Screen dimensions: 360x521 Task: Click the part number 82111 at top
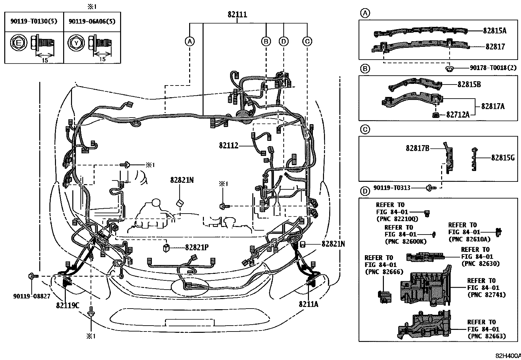(237, 15)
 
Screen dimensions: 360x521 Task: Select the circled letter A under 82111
(189, 41)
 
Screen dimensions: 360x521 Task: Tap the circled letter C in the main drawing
(307, 41)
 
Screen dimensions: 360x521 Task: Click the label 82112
(229, 145)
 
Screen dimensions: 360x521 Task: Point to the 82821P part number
(197, 248)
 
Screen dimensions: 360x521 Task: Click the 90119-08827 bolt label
(32, 296)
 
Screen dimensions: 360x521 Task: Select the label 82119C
(68, 305)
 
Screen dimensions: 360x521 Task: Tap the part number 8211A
(308, 304)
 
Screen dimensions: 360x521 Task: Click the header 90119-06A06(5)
(92, 21)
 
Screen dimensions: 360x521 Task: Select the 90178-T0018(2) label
(493, 68)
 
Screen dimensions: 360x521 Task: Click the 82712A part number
(458, 115)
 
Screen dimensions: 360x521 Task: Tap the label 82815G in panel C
(503, 158)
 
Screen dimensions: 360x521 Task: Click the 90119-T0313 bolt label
(392, 188)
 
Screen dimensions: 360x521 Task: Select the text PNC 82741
(487, 295)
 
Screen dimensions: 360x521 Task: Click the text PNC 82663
(487, 336)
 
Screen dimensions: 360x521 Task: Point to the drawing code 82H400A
(508, 356)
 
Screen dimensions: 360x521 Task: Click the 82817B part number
(417, 148)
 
